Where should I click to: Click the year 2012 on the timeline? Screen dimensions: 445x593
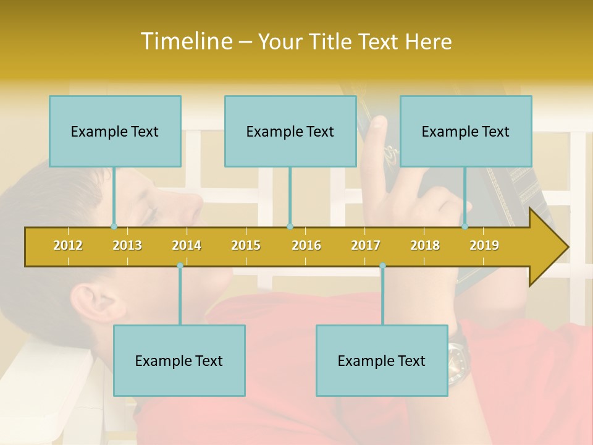[68, 245]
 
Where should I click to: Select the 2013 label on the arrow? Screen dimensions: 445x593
[127, 245]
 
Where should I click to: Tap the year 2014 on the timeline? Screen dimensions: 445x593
[187, 245]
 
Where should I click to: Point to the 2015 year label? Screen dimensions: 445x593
[246, 245]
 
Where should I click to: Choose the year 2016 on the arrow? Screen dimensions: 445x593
[306, 245]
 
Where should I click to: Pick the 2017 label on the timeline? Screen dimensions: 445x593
[366, 245]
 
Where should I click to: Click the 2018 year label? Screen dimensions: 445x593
[425, 245]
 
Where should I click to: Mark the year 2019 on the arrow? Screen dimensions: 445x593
[484, 245]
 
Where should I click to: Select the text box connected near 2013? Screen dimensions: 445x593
[115, 131]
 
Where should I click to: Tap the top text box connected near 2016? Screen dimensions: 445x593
[290, 131]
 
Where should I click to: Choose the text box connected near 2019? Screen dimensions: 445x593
[466, 131]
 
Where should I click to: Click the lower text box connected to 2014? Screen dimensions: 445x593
[179, 360]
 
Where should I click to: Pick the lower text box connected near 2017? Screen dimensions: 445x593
[382, 360]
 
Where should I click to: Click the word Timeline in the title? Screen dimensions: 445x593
[185, 41]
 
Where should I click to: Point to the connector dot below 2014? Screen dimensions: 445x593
[180, 266]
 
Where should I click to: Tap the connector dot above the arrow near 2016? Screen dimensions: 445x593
[290, 226]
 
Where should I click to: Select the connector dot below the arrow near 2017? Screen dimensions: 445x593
[382, 266]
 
